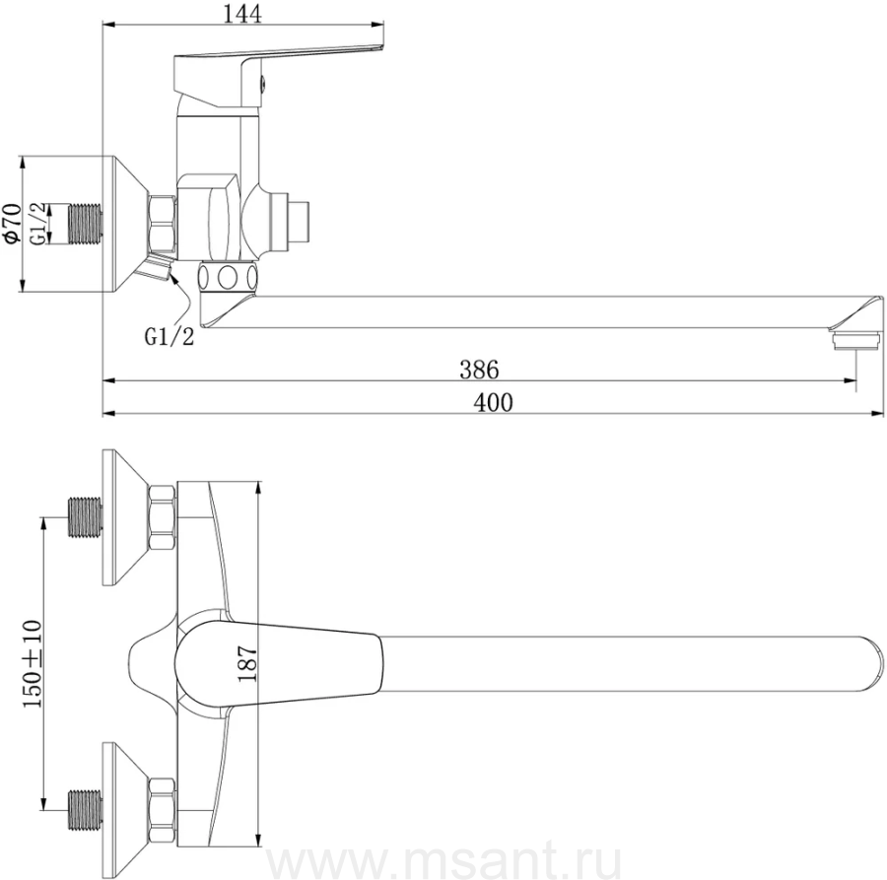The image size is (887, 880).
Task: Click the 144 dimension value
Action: coord(242,14)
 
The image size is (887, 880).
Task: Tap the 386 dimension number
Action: coord(479,370)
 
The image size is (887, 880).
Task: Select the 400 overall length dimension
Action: coord(493,403)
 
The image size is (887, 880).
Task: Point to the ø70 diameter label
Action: coord(12,224)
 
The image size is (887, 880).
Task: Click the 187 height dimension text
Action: coord(247,664)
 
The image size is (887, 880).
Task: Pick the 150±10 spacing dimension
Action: coord(33,663)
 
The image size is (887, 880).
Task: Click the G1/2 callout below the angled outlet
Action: coord(170,337)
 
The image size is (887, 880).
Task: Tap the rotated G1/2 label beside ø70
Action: coord(38,224)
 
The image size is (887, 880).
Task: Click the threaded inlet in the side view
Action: coord(86,225)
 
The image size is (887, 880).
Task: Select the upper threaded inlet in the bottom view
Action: coord(86,517)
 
